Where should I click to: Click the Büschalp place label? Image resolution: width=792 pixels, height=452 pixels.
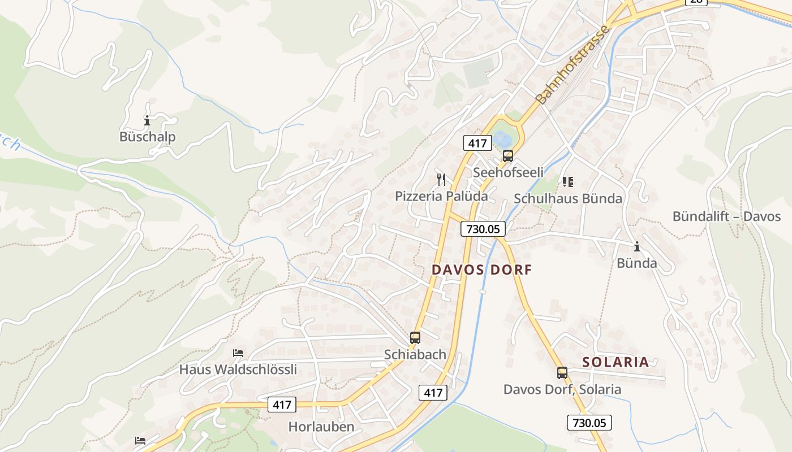[x=147, y=137]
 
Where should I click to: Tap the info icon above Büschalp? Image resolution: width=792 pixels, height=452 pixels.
[x=147, y=120]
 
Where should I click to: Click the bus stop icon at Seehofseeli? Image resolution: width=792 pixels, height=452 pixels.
[x=508, y=156]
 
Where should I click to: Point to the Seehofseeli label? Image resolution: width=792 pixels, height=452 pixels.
[x=508, y=172]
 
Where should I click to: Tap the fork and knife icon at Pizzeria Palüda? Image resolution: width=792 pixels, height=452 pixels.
[x=441, y=180]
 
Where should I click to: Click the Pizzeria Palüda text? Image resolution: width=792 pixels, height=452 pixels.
[x=441, y=196]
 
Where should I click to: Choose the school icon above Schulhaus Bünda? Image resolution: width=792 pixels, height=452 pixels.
[x=567, y=182]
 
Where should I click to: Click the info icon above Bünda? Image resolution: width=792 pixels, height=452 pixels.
[x=637, y=246]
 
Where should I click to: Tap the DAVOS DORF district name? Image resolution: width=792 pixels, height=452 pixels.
[x=482, y=270]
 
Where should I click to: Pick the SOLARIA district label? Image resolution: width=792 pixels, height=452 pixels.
[x=615, y=362]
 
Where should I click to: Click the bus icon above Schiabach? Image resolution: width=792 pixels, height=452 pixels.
[x=415, y=338]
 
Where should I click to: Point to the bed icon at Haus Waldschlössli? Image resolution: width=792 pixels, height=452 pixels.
[x=238, y=353]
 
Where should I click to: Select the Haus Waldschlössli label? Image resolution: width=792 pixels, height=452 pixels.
[x=238, y=370]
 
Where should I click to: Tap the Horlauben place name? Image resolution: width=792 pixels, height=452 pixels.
[x=321, y=427]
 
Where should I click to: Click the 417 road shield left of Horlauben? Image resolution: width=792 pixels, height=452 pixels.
[x=282, y=405]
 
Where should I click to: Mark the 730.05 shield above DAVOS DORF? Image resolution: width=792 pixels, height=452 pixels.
[x=483, y=229]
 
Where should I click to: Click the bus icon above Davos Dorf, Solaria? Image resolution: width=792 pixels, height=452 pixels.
[x=562, y=373]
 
